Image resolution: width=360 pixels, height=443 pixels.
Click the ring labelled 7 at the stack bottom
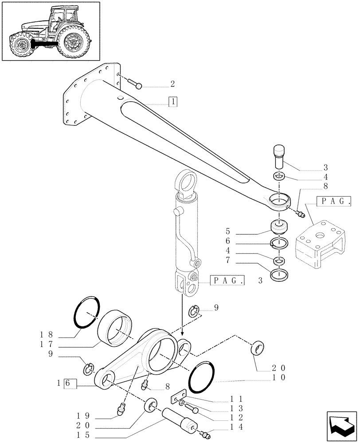point(280,275)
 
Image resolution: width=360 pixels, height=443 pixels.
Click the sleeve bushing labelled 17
point(117,327)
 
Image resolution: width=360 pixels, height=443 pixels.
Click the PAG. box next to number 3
point(227,280)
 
